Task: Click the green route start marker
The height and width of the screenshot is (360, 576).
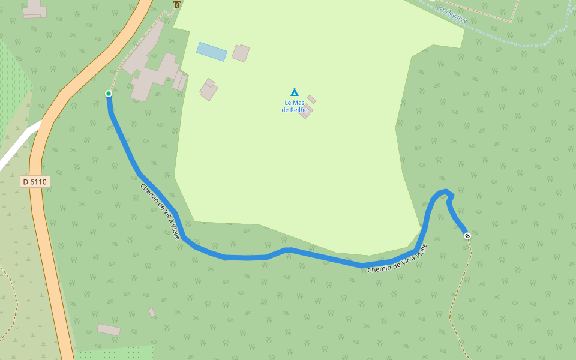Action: click(x=109, y=93)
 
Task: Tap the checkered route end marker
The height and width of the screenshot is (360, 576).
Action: click(x=467, y=236)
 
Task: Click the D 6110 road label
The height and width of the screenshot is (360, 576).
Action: click(x=35, y=181)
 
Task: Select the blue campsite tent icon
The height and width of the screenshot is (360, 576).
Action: click(x=295, y=92)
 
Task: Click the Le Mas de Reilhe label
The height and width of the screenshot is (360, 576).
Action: click(x=295, y=106)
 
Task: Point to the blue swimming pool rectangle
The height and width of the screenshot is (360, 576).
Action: click(x=212, y=52)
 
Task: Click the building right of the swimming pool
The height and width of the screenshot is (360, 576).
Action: click(x=241, y=53)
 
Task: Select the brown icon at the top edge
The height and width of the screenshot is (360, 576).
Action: click(x=177, y=4)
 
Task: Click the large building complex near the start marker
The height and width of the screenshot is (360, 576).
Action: click(x=153, y=73)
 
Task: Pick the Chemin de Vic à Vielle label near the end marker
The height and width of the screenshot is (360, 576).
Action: click(x=397, y=259)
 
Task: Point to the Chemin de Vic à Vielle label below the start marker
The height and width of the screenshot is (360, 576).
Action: click(x=160, y=211)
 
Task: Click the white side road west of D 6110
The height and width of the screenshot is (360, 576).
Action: click(x=18, y=147)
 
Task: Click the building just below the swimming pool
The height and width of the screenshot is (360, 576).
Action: click(x=209, y=90)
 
